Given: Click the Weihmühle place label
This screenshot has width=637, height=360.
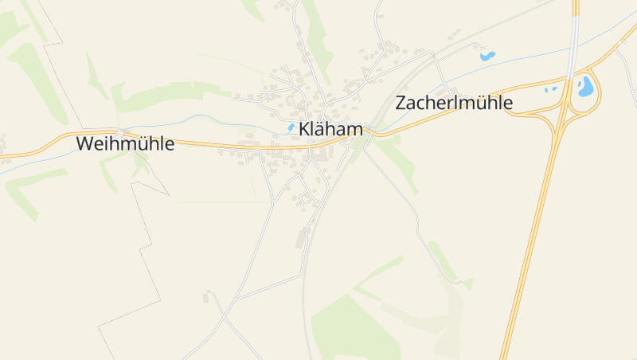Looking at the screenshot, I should pyautogui.click(x=125, y=144).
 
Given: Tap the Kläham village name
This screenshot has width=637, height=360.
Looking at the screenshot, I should pyautogui.click(x=330, y=130).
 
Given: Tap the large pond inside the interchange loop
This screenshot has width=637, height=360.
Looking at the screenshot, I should pyautogui.click(x=585, y=85).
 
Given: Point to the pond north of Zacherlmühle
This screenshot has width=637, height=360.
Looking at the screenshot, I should pyautogui.click(x=487, y=57).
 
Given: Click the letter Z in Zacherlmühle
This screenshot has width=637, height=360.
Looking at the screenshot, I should pyautogui.click(x=401, y=104).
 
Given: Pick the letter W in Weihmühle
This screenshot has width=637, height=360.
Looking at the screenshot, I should pyautogui.click(x=84, y=144).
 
